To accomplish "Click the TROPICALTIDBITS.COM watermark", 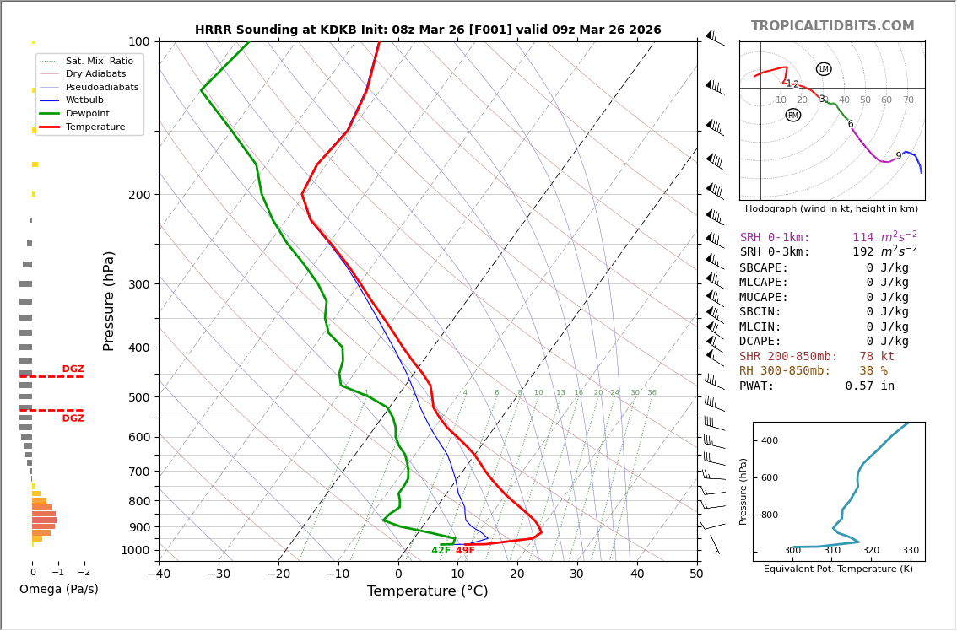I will tap(832, 26).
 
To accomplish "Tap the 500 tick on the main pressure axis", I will tap(138, 397).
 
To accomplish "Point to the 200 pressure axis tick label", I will tap(138, 195).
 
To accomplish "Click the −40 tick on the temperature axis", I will tap(159, 574).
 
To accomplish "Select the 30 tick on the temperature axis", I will tap(576, 574).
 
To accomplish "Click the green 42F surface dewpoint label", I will tap(441, 551).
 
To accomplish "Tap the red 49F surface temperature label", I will tap(465, 551).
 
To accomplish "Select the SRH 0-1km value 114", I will tap(862, 238).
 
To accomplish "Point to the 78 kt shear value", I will tap(877, 357).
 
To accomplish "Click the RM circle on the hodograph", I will tap(793, 115).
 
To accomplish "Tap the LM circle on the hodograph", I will tap(824, 69).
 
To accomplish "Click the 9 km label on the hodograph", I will tap(898, 156).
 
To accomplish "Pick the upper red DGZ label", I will tap(73, 369).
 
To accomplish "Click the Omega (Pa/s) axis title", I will tap(59, 590).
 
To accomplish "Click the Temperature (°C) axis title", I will tap(427, 592).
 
